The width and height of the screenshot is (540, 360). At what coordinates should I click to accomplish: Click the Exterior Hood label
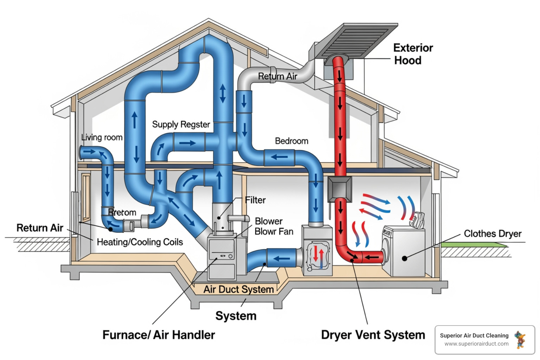click(413, 54)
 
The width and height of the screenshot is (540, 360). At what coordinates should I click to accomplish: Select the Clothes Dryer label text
click(492, 234)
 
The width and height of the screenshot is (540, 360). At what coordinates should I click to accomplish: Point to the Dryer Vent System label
click(373, 335)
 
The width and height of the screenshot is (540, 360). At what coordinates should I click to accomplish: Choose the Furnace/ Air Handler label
click(159, 335)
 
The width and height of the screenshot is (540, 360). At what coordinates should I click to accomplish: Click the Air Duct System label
click(238, 289)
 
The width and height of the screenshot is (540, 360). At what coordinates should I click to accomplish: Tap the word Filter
click(255, 200)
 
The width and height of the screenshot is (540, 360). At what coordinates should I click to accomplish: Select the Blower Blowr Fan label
click(274, 226)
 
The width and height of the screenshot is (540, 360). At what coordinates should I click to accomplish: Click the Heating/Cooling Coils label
click(140, 242)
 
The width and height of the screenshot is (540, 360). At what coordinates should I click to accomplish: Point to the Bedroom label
click(291, 141)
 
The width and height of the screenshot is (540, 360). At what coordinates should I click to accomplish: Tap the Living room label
click(102, 137)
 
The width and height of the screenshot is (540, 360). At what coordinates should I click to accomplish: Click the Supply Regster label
click(181, 124)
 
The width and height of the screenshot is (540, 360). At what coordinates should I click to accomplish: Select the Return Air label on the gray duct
click(277, 76)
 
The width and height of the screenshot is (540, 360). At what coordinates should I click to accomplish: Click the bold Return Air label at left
click(40, 228)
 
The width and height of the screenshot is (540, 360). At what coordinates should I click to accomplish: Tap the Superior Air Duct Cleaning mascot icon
click(520, 340)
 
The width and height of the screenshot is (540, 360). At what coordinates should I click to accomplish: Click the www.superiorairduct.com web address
click(476, 344)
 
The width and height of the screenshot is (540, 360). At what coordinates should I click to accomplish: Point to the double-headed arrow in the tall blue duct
click(223, 94)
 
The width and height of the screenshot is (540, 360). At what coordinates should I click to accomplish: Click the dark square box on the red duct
click(339, 189)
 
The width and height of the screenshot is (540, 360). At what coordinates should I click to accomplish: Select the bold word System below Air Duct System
click(236, 316)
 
